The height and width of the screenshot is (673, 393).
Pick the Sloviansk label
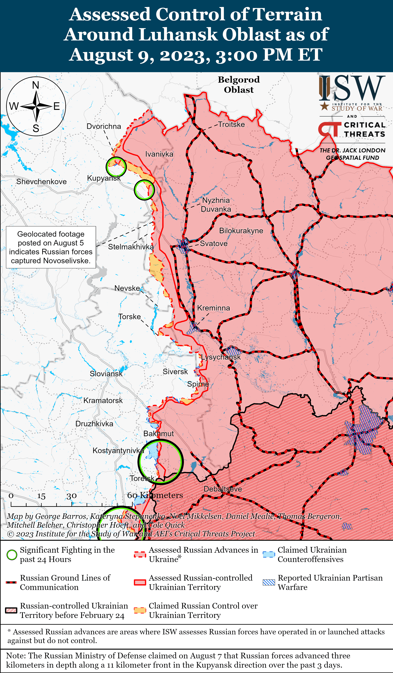[106, 374]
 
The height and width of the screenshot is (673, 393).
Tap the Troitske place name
[231, 124]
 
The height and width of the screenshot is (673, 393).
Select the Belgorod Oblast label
[239, 84]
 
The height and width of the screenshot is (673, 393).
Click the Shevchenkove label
[41, 182]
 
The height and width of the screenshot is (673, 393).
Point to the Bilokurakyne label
[241, 231]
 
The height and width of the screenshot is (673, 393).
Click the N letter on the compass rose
[36, 85]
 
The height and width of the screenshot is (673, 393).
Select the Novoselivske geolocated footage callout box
[51, 247]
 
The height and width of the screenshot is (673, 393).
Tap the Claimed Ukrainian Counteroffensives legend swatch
[269, 554]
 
